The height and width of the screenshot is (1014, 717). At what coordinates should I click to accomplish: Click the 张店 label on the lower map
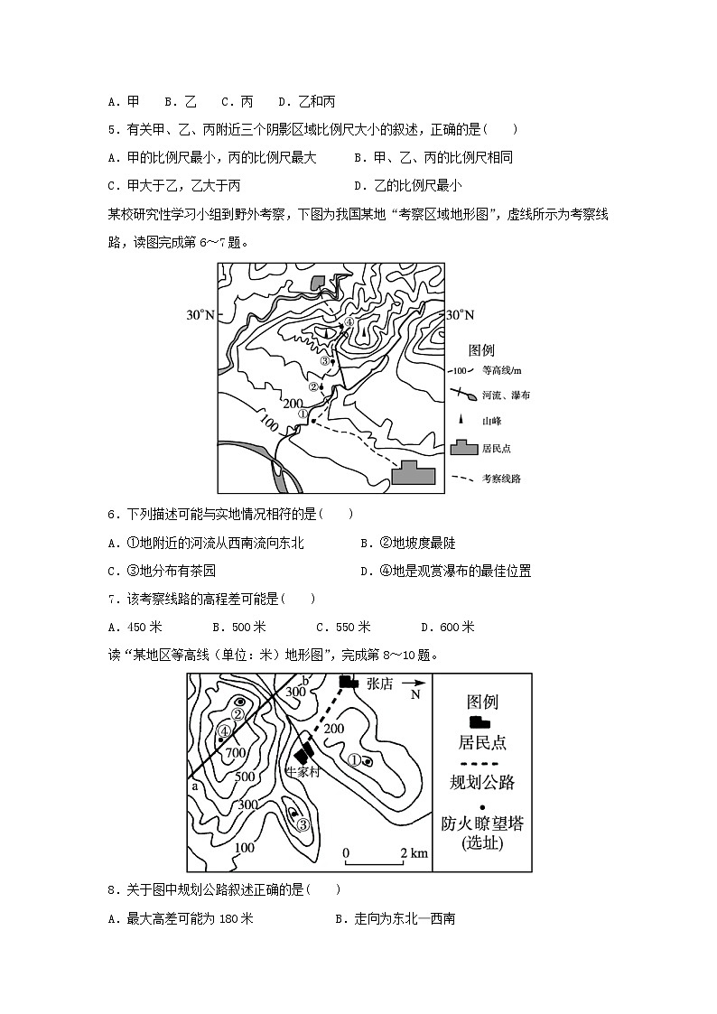click(380, 684)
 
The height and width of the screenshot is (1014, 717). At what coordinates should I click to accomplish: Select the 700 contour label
click(236, 753)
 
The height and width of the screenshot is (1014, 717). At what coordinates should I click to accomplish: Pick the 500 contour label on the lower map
click(244, 777)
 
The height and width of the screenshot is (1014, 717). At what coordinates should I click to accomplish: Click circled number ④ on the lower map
click(223, 731)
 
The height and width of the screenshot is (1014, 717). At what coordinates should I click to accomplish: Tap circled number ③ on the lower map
click(303, 823)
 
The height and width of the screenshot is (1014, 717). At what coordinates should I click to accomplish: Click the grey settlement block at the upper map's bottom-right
click(413, 473)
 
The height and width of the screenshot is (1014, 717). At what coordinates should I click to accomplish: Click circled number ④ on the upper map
click(349, 322)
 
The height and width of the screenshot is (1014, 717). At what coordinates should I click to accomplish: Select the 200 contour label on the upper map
click(293, 403)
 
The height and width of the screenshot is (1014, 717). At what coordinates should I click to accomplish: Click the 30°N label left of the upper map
click(200, 315)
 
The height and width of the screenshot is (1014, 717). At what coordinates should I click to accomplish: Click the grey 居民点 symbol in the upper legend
click(463, 448)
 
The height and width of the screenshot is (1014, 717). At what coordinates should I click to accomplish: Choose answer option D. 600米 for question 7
click(448, 627)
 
